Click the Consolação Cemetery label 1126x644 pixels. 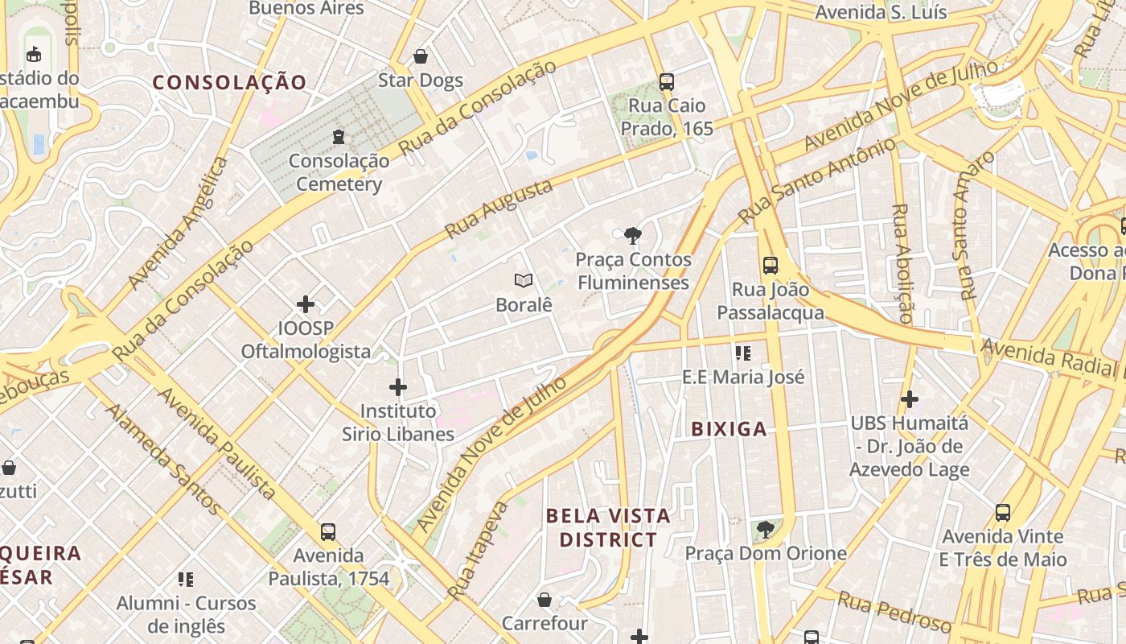(339, 172)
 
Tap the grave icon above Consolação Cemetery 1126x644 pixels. (339, 136)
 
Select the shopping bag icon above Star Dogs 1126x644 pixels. (420, 56)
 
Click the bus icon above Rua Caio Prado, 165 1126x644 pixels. (666, 81)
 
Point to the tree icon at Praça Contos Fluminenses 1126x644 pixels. (633, 236)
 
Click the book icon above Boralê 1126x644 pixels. (524, 281)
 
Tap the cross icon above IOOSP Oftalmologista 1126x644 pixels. (306, 304)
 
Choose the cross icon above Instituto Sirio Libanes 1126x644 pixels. (398, 387)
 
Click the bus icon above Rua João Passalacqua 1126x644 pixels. (771, 265)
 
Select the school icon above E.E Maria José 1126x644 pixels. (743, 353)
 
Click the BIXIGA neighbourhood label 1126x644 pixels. (729, 429)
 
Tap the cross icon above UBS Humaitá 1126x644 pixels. (910, 398)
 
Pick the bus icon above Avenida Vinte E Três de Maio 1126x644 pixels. (1003, 512)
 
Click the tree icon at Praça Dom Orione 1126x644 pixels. (766, 529)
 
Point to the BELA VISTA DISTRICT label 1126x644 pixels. (608, 527)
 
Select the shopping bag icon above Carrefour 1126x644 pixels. (545, 600)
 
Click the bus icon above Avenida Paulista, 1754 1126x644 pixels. (328, 531)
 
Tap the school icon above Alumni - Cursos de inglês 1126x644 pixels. (186, 579)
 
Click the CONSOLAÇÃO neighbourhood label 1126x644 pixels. (230, 82)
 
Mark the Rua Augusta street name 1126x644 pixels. (499, 208)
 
